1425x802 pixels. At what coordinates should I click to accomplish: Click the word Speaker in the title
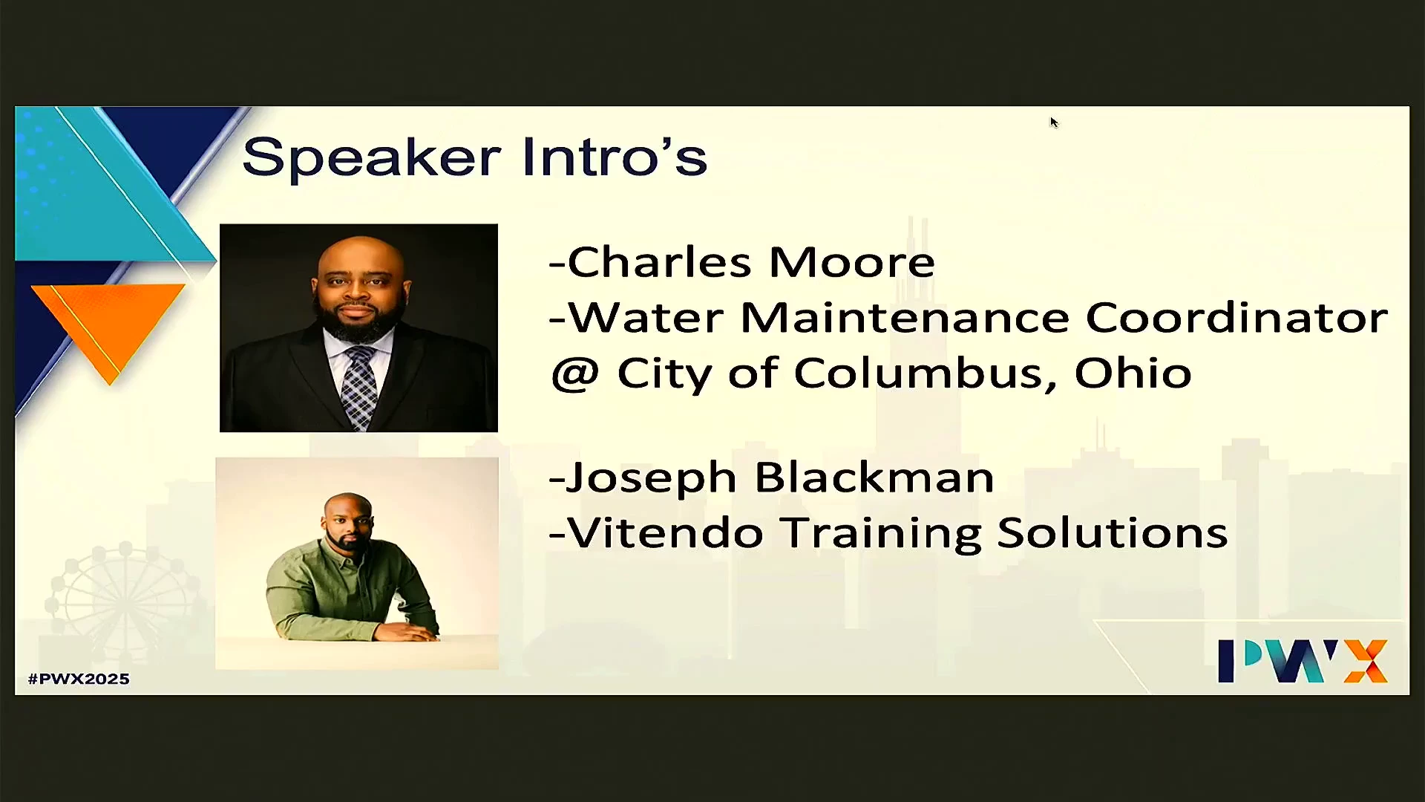pos(372,157)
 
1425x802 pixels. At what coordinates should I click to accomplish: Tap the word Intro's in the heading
pos(615,156)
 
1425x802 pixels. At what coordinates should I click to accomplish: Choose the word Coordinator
pos(1236,317)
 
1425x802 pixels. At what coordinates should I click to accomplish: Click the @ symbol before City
pos(574,374)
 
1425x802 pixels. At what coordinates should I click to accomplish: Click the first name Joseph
pos(651,479)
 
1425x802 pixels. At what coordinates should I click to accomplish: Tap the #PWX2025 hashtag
pos(79,679)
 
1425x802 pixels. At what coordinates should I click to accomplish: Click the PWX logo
pos(1303,660)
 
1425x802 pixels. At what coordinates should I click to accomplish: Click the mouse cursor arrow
pos(1054,123)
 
